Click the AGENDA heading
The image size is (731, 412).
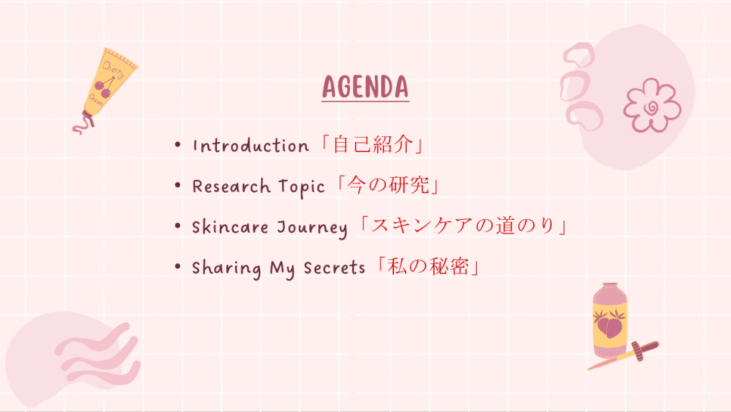tap(365, 87)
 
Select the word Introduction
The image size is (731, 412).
tap(251, 146)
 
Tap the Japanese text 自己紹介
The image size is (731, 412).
tap(373, 144)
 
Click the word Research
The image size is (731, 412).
tap(231, 186)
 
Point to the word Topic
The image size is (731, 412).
tap(302, 187)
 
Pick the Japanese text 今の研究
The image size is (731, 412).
tap(388, 185)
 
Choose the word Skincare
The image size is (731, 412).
tap(231, 227)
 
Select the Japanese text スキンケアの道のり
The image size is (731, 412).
tap(463, 226)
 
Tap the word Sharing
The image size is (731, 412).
tap(226, 268)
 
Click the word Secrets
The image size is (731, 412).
tap(334, 268)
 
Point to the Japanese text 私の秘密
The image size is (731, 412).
tap(428, 266)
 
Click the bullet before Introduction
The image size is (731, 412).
tap(178, 144)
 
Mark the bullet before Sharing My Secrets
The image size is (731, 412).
tap(178, 266)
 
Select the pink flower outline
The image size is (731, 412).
tap(652, 105)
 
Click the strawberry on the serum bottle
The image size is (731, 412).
tap(609, 323)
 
